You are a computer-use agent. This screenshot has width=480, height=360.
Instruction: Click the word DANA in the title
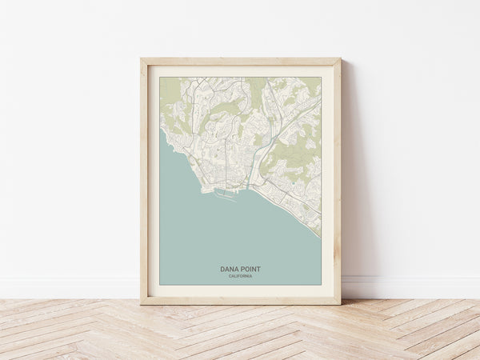tap(230, 270)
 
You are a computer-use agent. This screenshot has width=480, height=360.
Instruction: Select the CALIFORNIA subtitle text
tap(240, 276)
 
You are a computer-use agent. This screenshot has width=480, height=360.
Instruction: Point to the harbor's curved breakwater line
tap(226, 197)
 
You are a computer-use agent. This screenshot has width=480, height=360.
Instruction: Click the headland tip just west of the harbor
tap(202, 191)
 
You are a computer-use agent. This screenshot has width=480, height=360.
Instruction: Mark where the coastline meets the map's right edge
tap(320, 236)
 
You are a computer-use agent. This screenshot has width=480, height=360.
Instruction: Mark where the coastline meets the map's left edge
tap(160, 132)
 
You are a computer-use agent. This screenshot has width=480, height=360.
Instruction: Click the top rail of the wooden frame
tap(240, 62)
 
